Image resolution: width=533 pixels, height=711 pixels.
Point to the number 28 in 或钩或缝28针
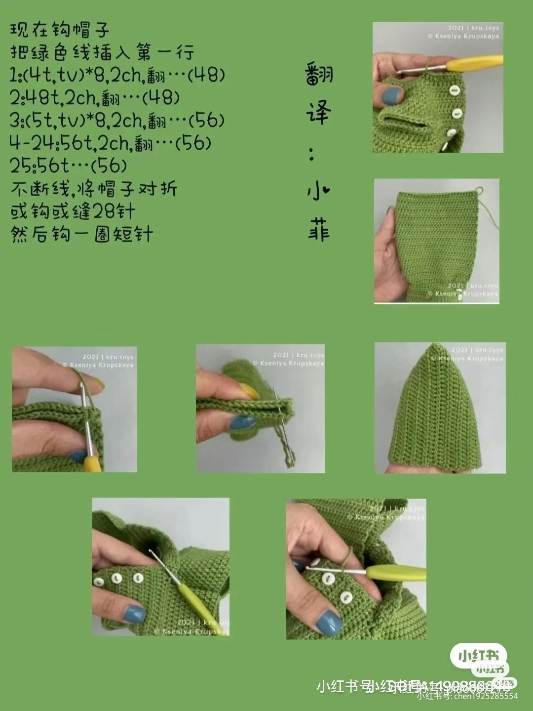[x=104, y=211]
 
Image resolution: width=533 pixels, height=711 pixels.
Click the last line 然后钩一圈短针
[x=82, y=234]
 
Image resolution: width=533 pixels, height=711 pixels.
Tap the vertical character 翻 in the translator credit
[x=319, y=75]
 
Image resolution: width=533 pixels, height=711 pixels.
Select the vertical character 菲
[x=319, y=230]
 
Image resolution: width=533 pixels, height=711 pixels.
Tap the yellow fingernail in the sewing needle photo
[x=250, y=392]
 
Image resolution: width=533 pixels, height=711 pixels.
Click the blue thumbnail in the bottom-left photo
[x=134, y=614]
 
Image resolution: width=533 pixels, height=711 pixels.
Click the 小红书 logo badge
[x=478, y=657]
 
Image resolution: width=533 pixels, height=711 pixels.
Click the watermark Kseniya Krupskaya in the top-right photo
[x=467, y=36]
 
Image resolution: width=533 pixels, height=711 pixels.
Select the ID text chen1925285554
[x=486, y=696]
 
